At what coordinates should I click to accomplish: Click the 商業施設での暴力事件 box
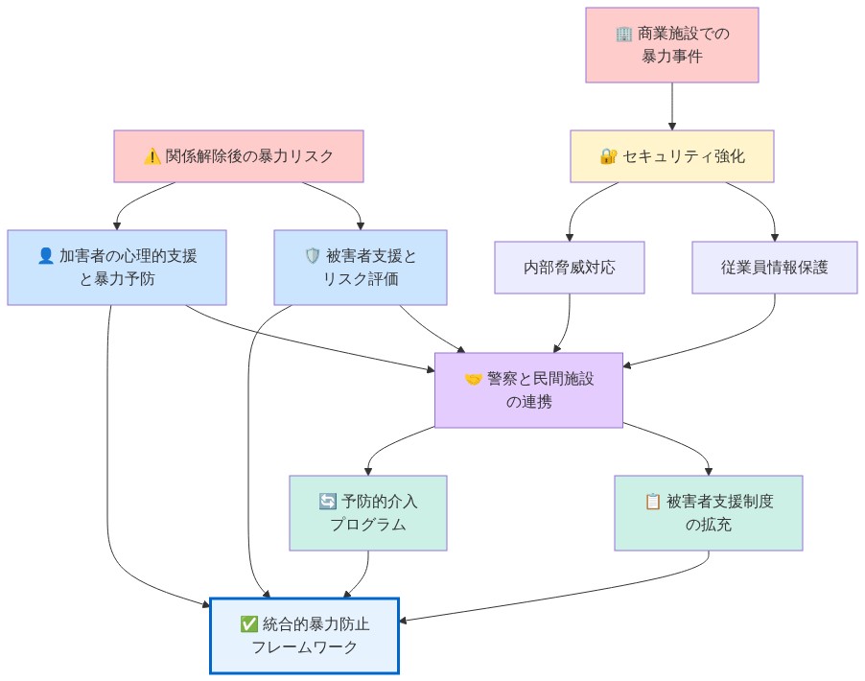click(x=671, y=45)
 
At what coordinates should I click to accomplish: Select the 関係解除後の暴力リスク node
click(x=239, y=156)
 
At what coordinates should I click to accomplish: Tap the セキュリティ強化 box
click(x=671, y=156)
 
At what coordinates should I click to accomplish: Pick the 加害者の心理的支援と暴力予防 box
click(x=117, y=268)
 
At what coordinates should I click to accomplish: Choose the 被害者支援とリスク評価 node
click(x=360, y=268)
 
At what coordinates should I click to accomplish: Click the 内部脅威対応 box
click(x=570, y=268)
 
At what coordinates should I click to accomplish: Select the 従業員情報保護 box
click(x=774, y=268)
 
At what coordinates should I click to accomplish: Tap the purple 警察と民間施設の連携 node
click(x=528, y=390)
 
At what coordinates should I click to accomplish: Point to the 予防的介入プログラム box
click(x=368, y=513)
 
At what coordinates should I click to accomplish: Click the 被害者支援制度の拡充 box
click(x=708, y=513)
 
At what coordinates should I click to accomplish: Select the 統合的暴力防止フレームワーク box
click(x=304, y=636)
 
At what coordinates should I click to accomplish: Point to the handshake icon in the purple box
click(x=474, y=379)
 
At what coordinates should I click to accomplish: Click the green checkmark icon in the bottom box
click(x=249, y=624)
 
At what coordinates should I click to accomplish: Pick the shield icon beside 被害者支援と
click(x=313, y=256)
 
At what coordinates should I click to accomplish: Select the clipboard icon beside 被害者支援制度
click(x=653, y=502)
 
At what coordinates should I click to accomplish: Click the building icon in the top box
click(x=624, y=35)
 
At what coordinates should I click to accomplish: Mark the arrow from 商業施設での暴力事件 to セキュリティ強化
click(x=671, y=106)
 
